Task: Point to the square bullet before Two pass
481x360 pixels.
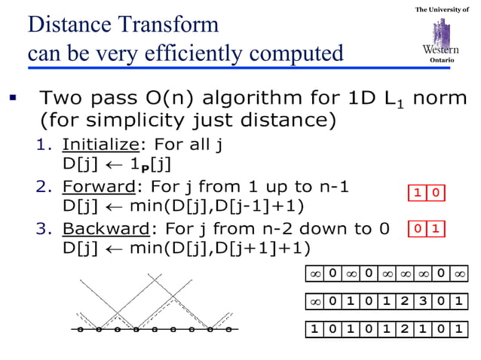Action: pos(13,97)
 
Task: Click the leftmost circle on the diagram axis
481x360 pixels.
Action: pos(80,329)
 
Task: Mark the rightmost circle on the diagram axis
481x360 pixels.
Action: pos(229,329)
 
